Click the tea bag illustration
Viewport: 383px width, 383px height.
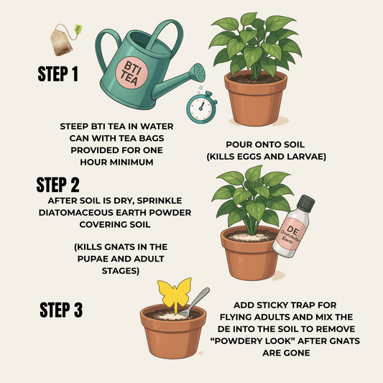pos(61,40)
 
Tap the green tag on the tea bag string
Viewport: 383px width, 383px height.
pos(78,29)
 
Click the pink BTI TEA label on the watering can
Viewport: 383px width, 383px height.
pos(131,73)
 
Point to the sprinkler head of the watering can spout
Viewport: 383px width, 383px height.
pos(198,73)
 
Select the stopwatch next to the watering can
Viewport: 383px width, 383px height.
pos(201,108)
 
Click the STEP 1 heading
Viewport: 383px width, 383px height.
pos(58,73)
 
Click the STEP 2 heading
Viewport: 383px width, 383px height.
pos(58,185)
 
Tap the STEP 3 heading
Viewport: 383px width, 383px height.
pos(61,310)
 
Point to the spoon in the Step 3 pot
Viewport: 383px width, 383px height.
pos(193,302)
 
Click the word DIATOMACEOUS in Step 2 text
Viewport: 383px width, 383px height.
pos(76,213)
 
